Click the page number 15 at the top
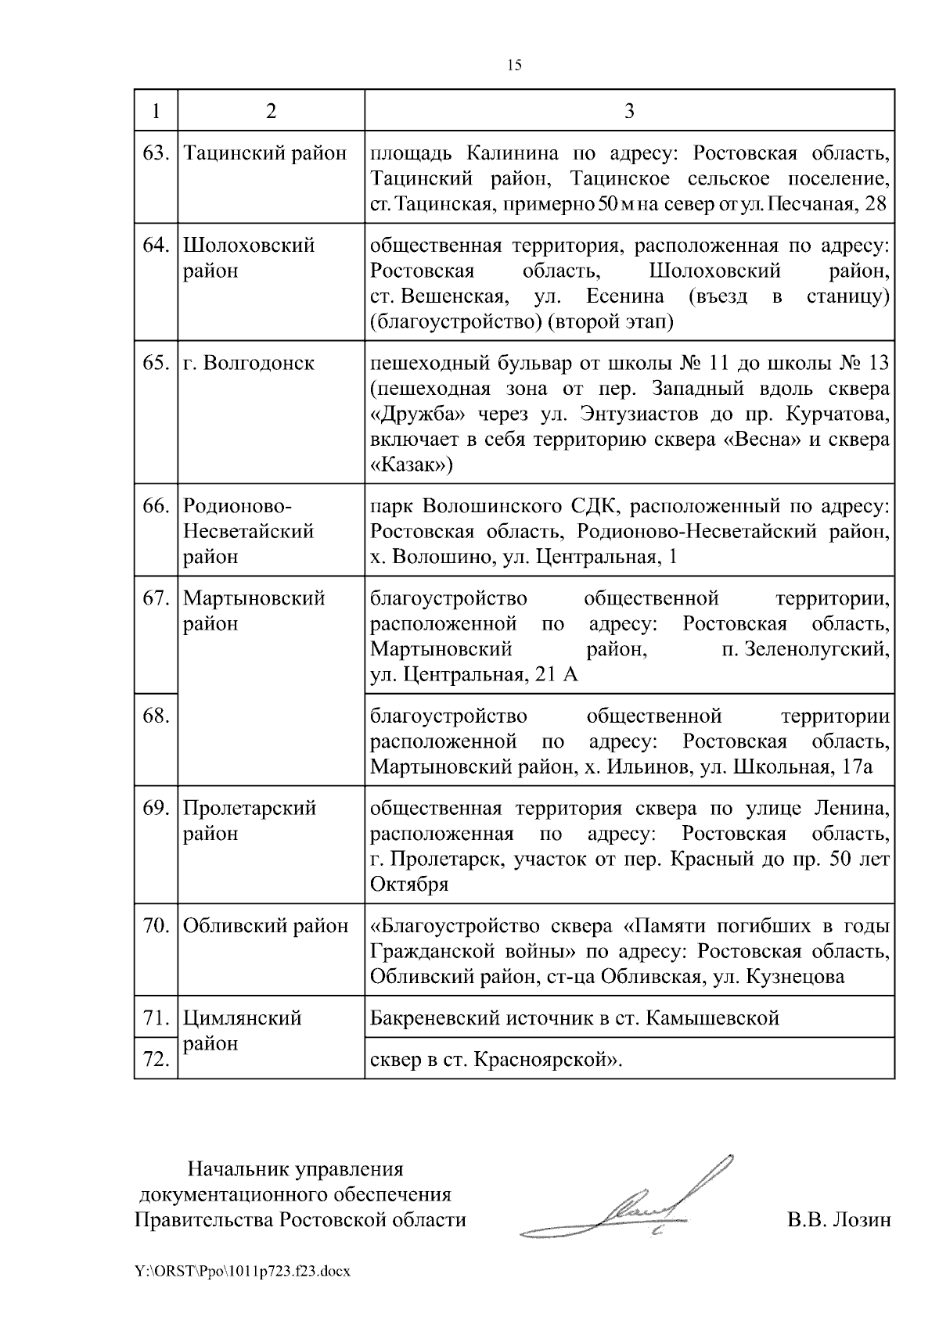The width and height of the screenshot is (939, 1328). pyautogui.click(x=514, y=65)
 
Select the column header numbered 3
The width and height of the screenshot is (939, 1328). pyautogui.click(x=629, y=110)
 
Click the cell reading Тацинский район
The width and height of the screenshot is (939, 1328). pyautogui.click(x=264, y=153)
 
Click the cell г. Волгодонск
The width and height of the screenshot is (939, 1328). pyautogui.click(x=249, y=363)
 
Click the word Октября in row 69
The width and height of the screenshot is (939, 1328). pyautogui.click(x=409, y=885)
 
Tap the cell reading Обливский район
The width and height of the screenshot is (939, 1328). pyautogui.click(x=265, y=926)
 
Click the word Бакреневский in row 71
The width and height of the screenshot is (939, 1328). pyautogui.click(x=435, y=1018)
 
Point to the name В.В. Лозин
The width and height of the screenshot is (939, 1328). pyautogui.click(x=839, y=1219)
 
